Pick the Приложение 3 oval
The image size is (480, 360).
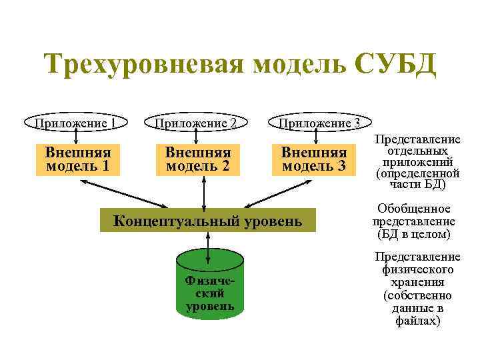pos(319,123)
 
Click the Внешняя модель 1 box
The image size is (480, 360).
pos(78,159)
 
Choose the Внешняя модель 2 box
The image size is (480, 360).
pos(197,159)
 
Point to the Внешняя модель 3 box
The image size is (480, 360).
pos(313,159)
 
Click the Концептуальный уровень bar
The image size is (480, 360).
pos(208,220)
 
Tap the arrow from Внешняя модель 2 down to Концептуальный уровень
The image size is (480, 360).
pos(203,191)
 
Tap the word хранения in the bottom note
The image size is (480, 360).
pos(417,282)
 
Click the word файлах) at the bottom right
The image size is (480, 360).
pos(417,321)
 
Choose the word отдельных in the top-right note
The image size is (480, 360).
pos(417,151)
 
